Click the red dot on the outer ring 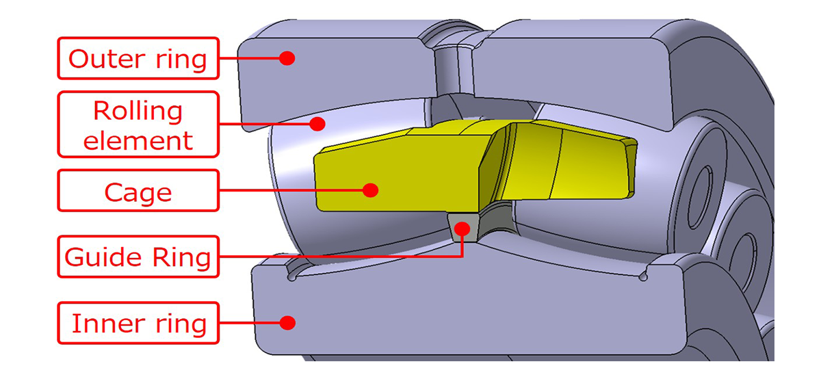[288, 58]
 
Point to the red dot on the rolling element [316, 123]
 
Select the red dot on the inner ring [288, 322]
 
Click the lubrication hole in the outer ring [453, 68]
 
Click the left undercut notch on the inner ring [294, 278]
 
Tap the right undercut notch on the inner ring [642, 277]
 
